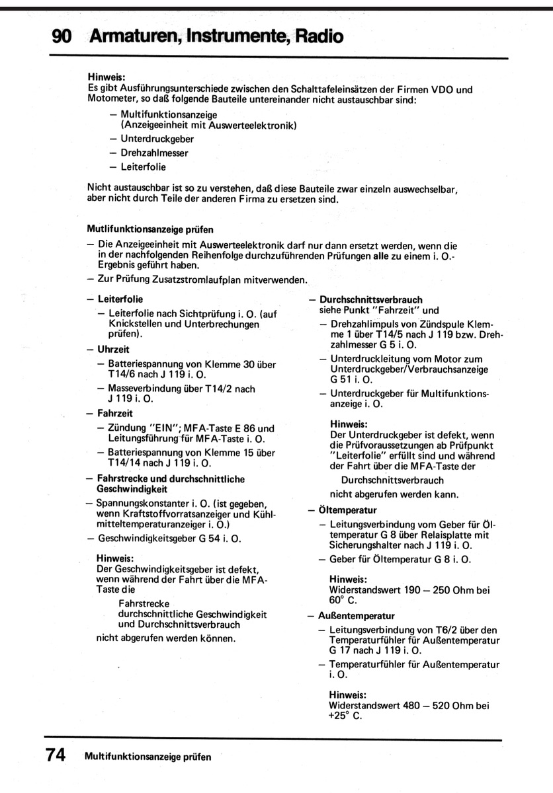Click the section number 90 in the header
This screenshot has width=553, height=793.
pos(62,36)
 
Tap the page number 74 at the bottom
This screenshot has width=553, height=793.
pos(56,755)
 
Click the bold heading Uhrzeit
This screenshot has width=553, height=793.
pos(113,348)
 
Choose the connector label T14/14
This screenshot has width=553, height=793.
pos(125,463)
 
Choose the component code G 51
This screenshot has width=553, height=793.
pos(341,381)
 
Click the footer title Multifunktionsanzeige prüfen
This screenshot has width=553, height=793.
pos(148,757)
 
